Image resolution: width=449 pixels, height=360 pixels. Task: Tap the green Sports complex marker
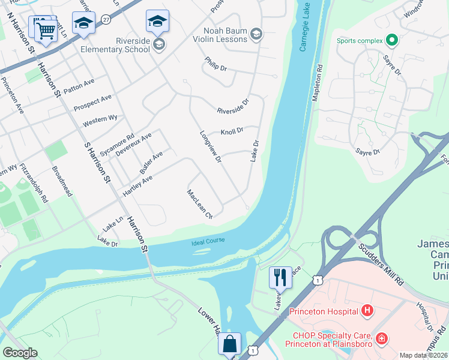(392, 41)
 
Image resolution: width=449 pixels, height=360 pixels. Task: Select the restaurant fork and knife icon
(280, 277)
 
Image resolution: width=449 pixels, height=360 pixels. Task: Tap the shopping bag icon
(230, 344)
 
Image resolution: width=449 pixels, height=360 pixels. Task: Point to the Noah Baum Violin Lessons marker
(256, 34)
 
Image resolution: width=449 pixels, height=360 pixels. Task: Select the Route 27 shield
(106, 19)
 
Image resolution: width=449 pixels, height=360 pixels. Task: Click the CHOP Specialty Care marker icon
(381, 340)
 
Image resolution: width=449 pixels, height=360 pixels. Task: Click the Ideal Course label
(208, 241)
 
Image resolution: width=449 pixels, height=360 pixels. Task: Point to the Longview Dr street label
(210, 147)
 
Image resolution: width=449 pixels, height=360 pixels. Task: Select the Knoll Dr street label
(232, 131)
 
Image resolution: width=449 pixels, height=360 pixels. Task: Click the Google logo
(20, 353)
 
